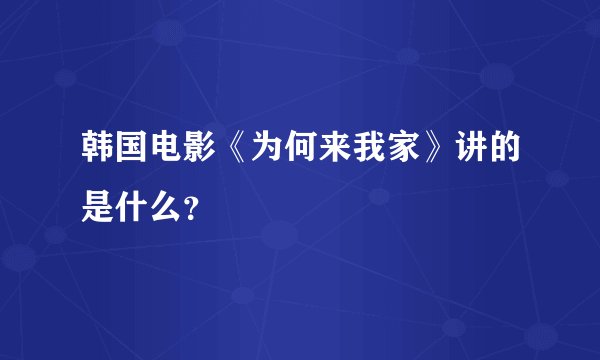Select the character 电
pos(162,149)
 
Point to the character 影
pos(194,149)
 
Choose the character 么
pos(162,191)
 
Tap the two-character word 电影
pos(178,149)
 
